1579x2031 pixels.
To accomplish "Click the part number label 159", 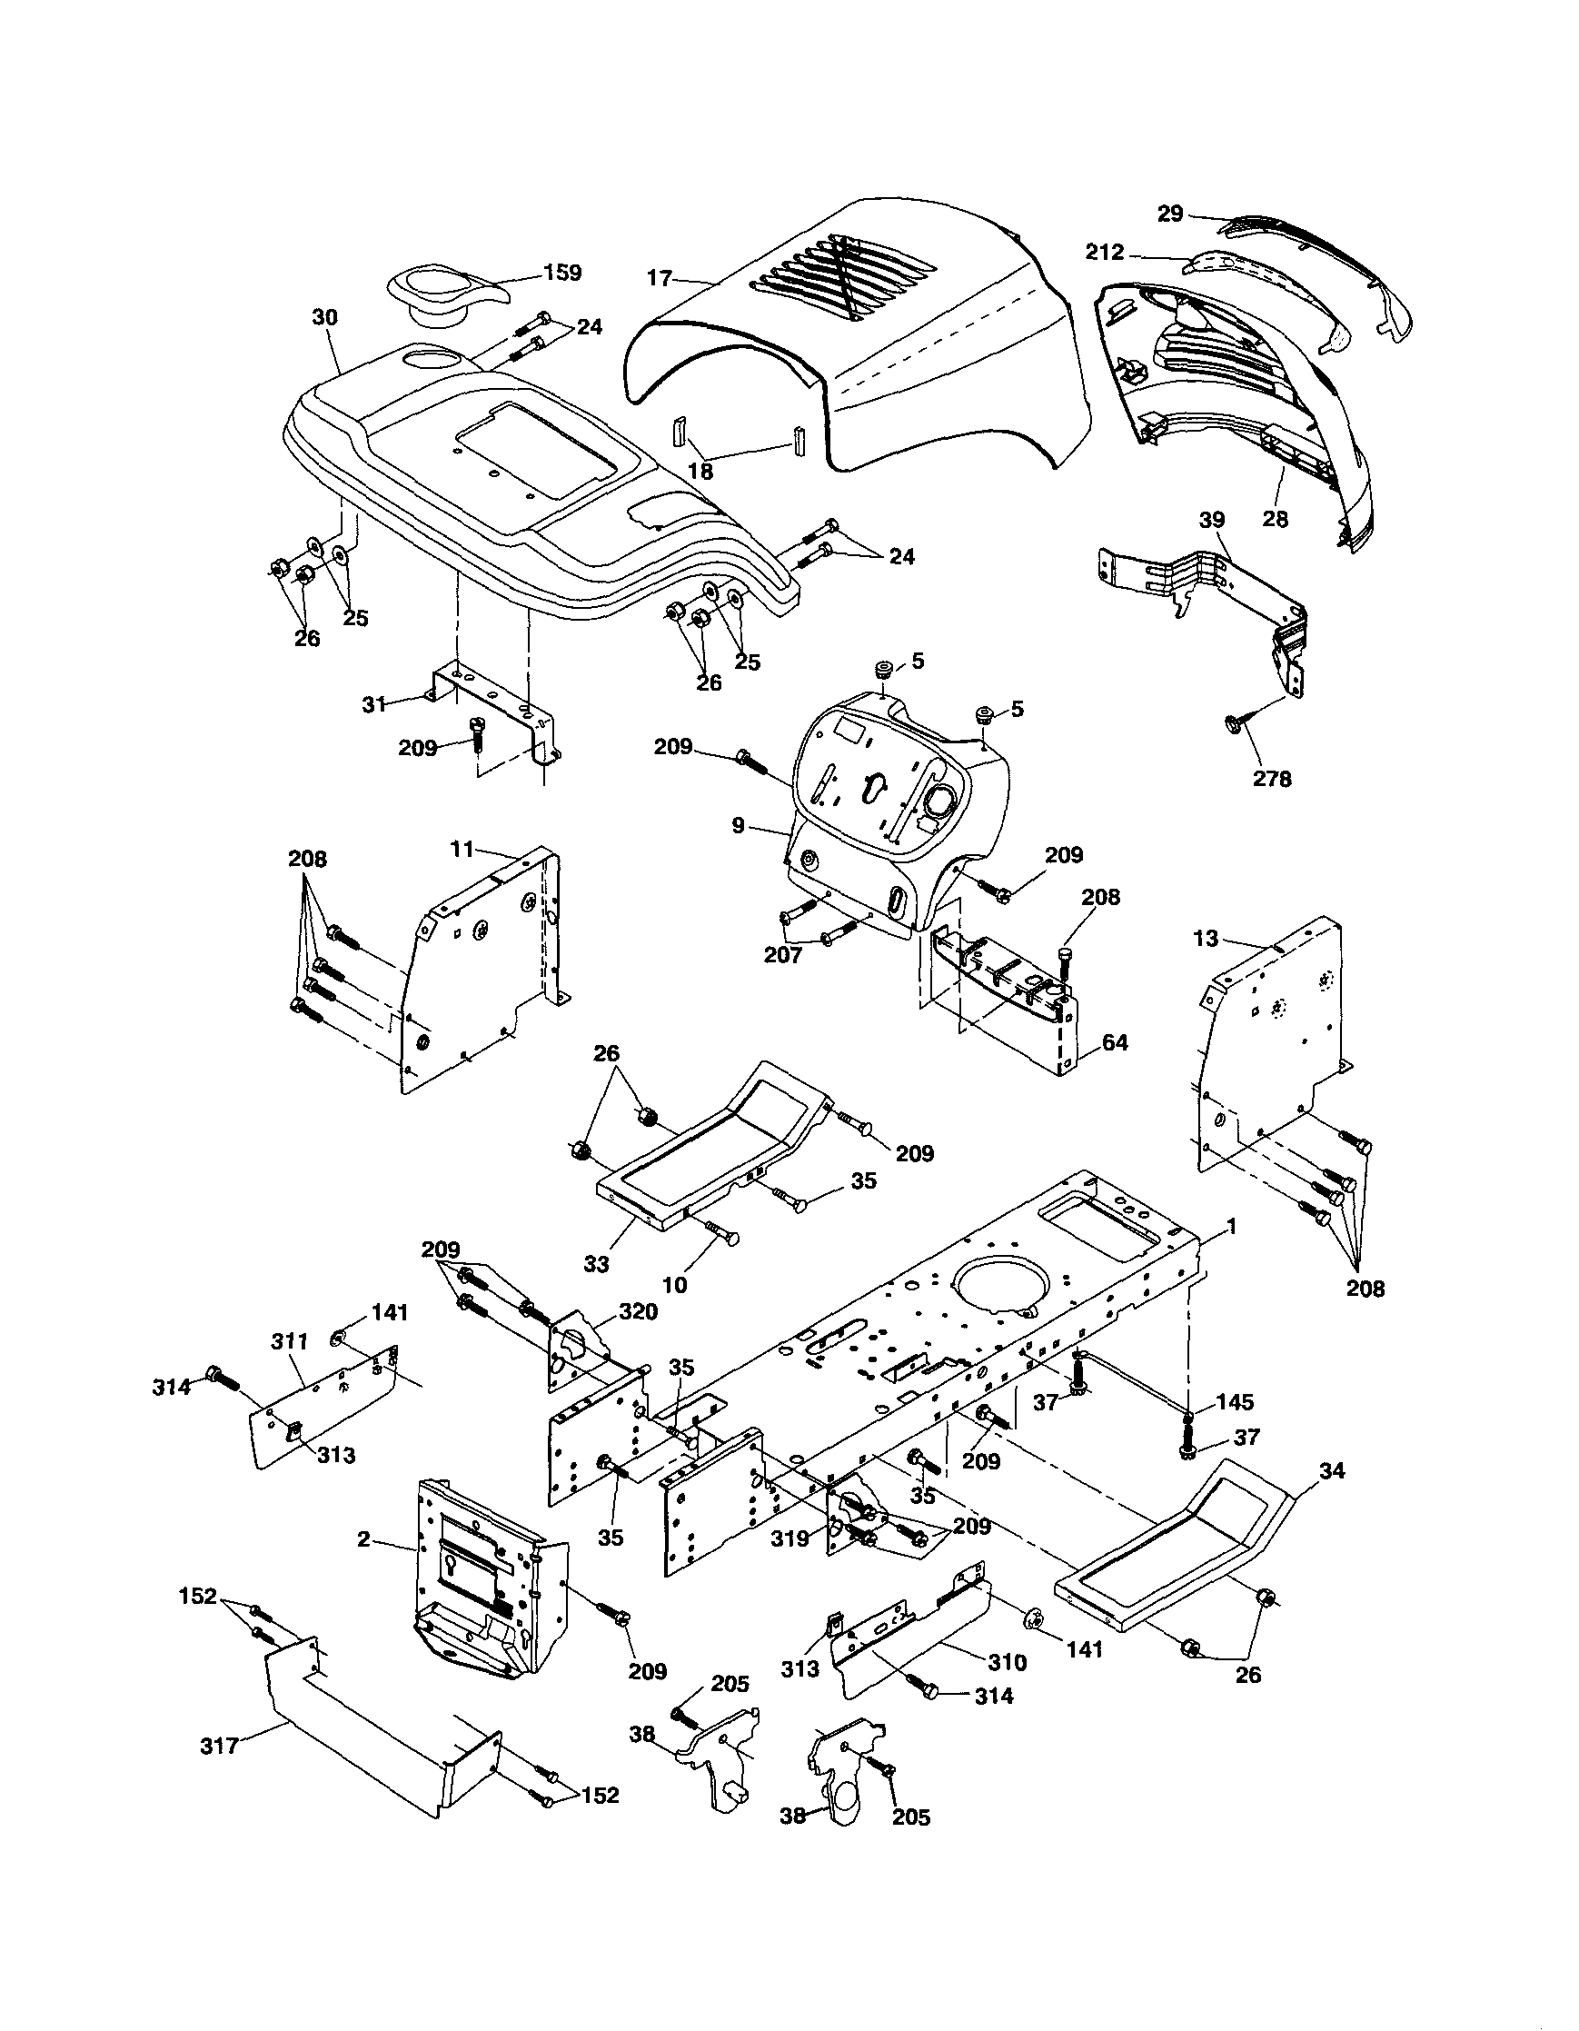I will (563, 273).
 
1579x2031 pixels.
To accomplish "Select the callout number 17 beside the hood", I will (660, 277).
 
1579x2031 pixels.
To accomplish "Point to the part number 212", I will (1105, 251).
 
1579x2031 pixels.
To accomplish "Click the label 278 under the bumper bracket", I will (1271, 780).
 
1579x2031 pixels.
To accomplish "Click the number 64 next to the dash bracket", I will (1115, 1043).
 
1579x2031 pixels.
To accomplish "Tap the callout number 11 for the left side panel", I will (462, 848).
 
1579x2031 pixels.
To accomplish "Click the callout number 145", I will (1234, 1401).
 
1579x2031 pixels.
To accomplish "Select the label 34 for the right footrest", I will (1332, 1471).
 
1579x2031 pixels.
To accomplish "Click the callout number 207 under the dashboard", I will (782, 955).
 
